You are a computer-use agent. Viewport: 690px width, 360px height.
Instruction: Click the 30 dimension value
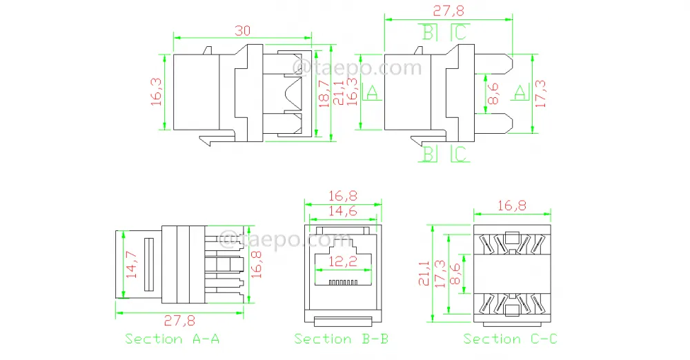click(x=242, y=30)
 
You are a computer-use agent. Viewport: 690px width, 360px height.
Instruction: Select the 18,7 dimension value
click(x=324, y=94)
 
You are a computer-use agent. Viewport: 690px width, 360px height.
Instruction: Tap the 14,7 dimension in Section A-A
click(x=132, y=264)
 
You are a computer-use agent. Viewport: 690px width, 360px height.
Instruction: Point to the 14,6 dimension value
click(x=343, y=211)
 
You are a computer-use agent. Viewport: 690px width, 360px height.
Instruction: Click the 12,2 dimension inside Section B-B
click(x=342, y=262)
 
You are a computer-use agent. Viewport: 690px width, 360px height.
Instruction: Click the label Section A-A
click(x=172, y=339)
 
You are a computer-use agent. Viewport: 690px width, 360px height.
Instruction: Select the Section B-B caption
click(x=341, y=339)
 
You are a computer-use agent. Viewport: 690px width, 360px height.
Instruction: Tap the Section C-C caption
click(x=510, y=339)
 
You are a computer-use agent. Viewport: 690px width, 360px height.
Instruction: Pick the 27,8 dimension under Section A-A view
click(x=179, y=321)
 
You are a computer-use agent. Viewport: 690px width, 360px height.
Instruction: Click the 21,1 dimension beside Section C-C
click(x=424, y=273)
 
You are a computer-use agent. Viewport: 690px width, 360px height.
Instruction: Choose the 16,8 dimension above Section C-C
click(x=512, y=206)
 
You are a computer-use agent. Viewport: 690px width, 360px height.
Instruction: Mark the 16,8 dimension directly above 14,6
click(x=343, y=196)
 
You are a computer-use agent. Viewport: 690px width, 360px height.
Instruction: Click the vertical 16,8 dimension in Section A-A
click(x=256, y=265)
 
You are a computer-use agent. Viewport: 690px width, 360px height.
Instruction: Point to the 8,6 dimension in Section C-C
click(x=455, y=274)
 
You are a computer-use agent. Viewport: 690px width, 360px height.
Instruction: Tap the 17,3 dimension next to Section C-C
click(x=440, y=274)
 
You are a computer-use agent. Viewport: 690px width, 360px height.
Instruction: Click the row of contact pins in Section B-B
click(x=343, y=282)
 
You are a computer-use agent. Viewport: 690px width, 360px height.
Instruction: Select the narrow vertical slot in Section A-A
click(x=149, y=265)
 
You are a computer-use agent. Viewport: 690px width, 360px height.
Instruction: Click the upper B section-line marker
click(x=428, y=32)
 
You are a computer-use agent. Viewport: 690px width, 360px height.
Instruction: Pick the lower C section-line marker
click(x=460, y=154)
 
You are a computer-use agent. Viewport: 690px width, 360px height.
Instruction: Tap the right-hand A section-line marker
click(x=520, y=92)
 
